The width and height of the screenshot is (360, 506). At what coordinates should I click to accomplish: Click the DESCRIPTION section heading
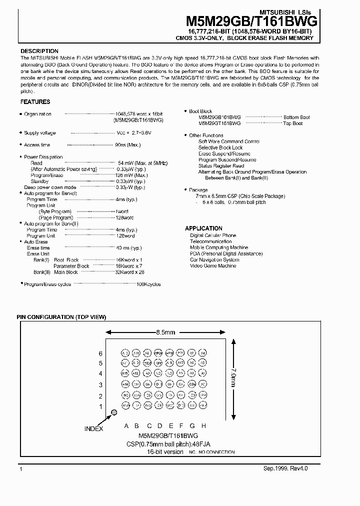point(39,51)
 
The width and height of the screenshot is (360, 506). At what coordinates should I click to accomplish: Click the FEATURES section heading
point(35,102)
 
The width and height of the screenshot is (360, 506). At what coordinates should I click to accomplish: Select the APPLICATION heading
point(203,228)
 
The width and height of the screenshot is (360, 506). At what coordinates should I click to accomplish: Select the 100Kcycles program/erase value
point(148,284)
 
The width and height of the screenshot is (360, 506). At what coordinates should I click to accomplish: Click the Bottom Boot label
point(296,117)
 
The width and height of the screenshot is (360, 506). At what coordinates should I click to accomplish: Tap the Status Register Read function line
point(221,166)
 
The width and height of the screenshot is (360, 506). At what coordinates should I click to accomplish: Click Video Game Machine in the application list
point(213,266)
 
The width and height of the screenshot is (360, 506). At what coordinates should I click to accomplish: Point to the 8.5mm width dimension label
point(165,332)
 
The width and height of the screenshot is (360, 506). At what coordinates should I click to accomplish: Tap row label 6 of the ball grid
point(100,353)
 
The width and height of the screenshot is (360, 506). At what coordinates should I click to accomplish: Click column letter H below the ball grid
point(203,426)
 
